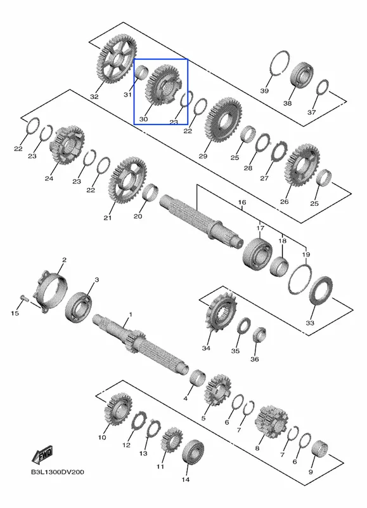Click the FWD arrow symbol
pyautogui.click(x=42, y=455)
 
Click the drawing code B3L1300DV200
pyautogui.click(x=58, y=472)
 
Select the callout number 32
pyautogui.click(x=94, y=97)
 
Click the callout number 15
pyautogui.click(x=15, y=313)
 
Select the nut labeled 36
pyautogui.click(x=259, y=336)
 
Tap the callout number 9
pyautogui.click(x=311, y=472)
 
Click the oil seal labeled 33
pyautogui.click(x=321, y=290)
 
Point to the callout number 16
pyautogui.click(x=242, y=203)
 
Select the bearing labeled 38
pyautogui.click(x=302, y=74)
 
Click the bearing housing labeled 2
pyautogui.click(x=53, y=293)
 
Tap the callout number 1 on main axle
pyautogui.click(x=131, y=314)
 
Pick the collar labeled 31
pyautogui.click(x=141, y=72)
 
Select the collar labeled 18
pyautogui.click(x=280, y=265)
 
